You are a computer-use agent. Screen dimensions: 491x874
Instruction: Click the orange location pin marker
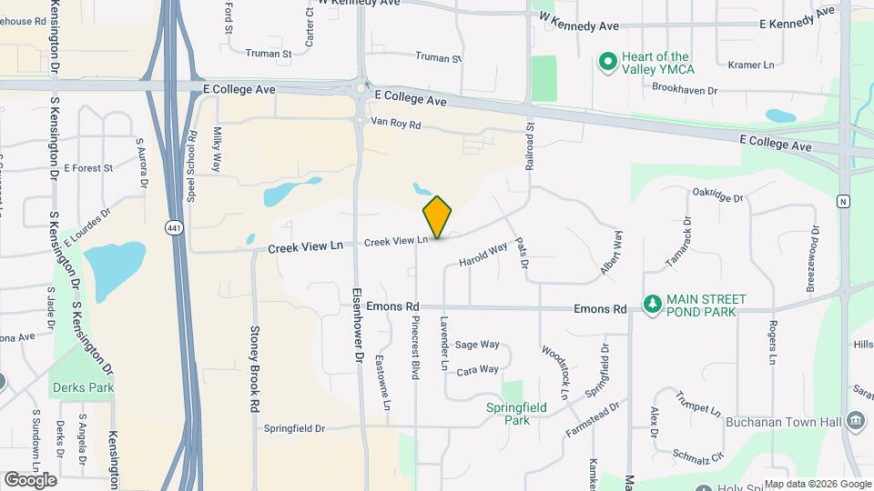point(438,216)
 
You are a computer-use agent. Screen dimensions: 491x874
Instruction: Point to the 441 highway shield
point(174,227)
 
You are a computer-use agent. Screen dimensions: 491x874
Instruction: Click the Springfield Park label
point(517,414)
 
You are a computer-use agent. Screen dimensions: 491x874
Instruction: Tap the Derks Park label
point(84,387)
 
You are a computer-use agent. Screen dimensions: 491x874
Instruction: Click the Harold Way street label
point(483,254)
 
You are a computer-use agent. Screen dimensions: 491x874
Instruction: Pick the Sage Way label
point(477,345)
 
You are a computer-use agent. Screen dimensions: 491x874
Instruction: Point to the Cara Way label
point(477,370)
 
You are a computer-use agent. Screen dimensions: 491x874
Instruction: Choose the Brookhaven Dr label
point(685,90)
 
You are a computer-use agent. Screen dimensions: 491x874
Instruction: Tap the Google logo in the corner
point(30,479)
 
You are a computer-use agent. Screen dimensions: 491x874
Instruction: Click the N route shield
point(844,201)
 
